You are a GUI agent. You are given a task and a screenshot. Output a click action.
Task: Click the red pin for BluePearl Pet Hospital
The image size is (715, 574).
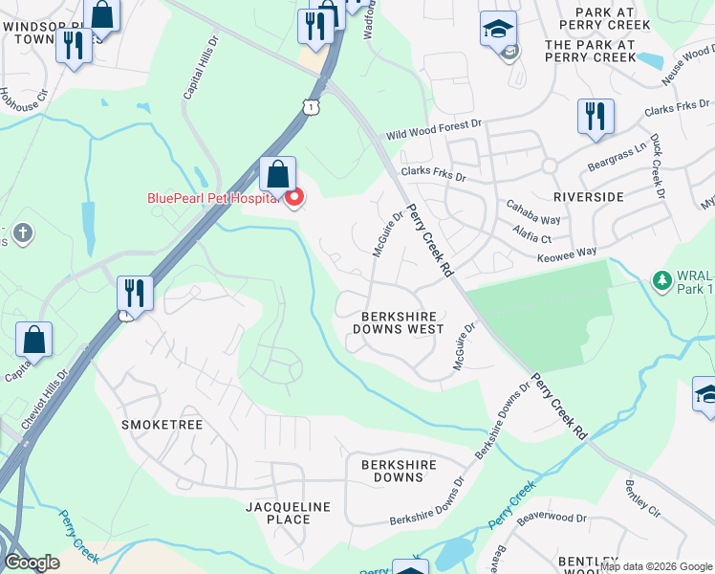294,198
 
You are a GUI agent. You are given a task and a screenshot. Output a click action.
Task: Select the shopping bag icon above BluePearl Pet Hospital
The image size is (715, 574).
277,175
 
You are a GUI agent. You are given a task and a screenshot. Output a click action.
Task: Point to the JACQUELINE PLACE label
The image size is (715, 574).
288,513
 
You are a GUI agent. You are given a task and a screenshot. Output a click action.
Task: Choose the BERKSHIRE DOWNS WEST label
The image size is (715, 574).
399,322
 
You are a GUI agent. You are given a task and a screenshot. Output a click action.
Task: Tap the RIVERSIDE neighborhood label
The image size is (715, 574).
588,196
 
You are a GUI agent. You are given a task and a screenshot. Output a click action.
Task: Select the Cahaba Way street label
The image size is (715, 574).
534,220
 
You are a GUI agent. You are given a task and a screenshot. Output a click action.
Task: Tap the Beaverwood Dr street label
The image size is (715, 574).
552,519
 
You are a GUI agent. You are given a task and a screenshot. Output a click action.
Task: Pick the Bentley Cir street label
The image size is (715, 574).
642,497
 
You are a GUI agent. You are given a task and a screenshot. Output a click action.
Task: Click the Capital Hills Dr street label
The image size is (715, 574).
201,69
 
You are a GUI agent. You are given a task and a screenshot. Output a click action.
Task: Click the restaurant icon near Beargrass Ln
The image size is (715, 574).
596,117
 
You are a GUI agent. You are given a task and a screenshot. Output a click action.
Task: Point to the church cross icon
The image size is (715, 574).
23,232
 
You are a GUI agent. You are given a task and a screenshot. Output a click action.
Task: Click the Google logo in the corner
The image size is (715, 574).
32,563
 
